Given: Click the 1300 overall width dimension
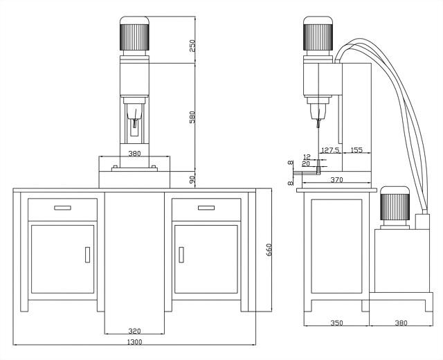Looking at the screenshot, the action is tap(134, 342).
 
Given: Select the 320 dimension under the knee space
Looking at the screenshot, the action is tap(134, 331).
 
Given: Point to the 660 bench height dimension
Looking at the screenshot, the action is tap(269, 250).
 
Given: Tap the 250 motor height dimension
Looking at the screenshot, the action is tap(192, 46).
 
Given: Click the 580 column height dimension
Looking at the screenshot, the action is tap(192, 117).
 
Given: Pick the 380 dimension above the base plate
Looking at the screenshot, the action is tap(134, 154).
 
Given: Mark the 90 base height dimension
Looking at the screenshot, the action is tap(192, 179).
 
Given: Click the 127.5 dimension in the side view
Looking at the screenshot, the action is tap(331, 150).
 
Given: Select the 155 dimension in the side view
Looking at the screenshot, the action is tap(356, 150).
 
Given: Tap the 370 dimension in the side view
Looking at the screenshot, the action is tap(336, 180).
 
